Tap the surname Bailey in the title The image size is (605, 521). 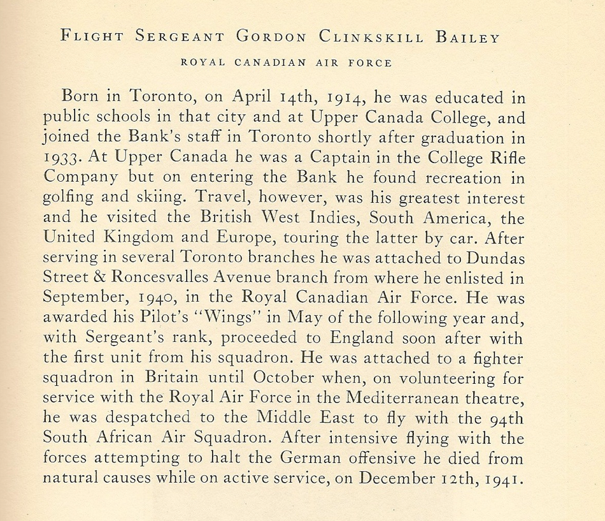click(468, 36)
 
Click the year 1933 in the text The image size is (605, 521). click(62, 157)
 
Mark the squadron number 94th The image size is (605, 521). click(506, 418)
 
